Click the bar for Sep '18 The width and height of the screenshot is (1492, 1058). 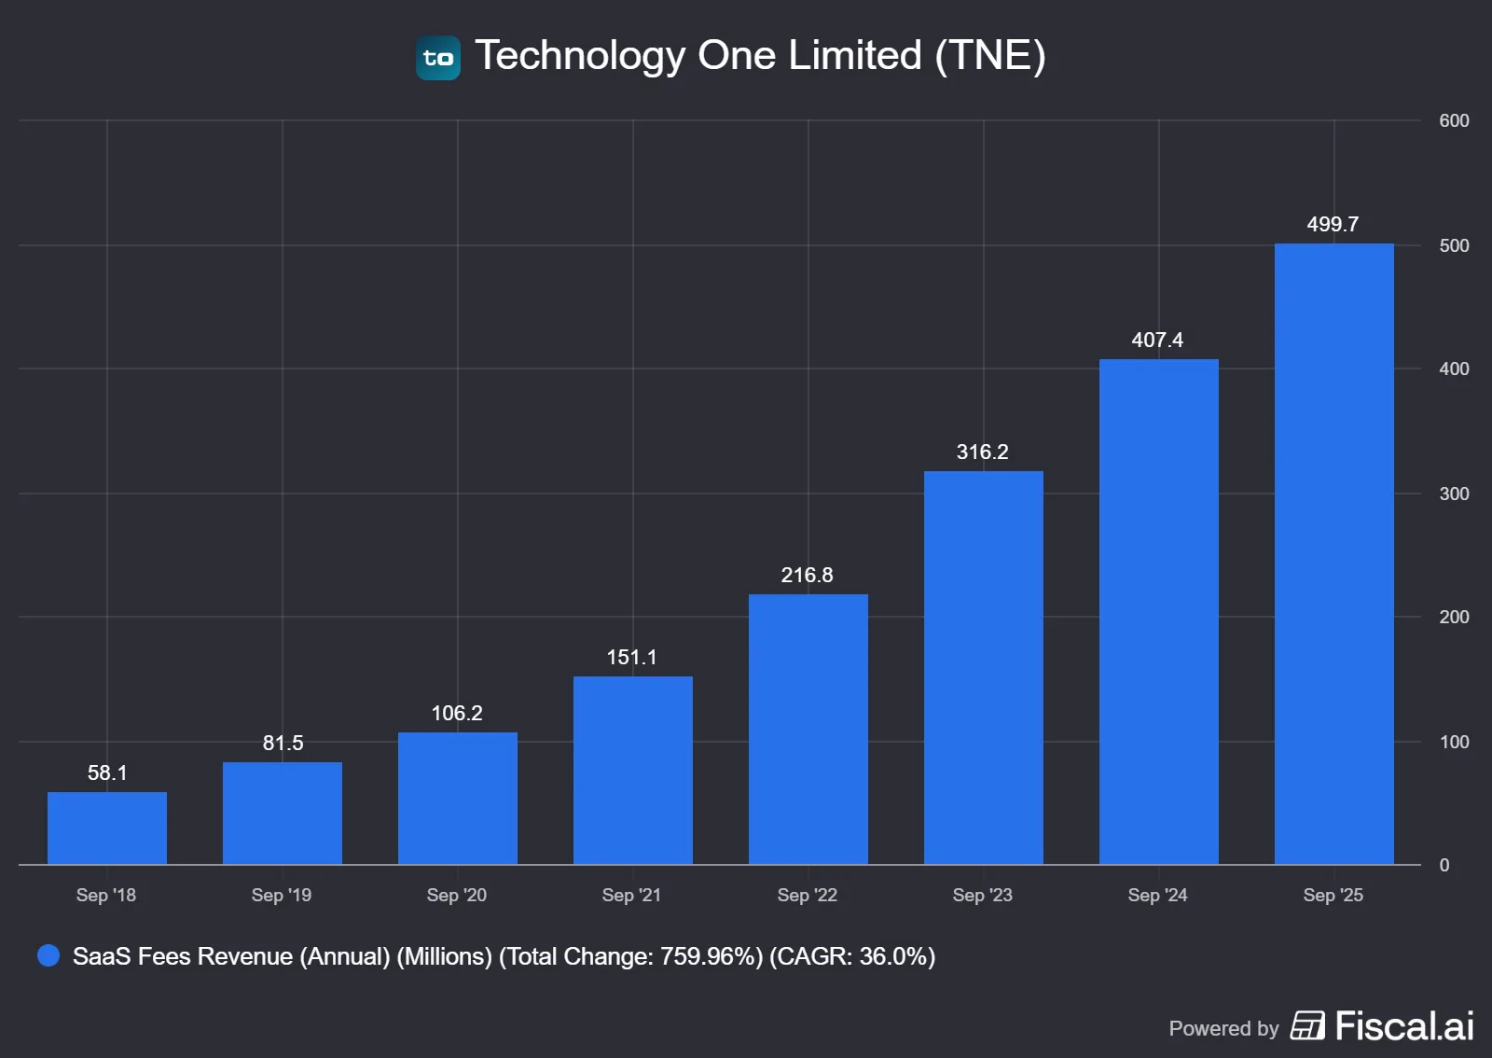(107, 828)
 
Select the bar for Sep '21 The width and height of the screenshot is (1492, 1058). (632, 771)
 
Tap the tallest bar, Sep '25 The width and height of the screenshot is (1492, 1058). (1333, 554)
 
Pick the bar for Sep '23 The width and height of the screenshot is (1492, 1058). (983, 668)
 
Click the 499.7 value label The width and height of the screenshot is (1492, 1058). (1333, 224)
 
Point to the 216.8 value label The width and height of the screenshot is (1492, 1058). (807, 575)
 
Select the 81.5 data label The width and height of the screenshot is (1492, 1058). (283, 743)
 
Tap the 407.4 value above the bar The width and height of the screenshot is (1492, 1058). (1157, 340)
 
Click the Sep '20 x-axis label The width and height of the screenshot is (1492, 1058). (457, 895)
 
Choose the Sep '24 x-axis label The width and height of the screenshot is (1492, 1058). (1157, 895)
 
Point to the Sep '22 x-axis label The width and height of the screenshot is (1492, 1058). (807, 895)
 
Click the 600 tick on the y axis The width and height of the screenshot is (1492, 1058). (1454, 120)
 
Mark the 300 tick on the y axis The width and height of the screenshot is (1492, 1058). (1454, 494)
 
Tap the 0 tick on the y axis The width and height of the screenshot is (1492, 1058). (1444, 865)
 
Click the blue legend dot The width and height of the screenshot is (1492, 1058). (48, 955)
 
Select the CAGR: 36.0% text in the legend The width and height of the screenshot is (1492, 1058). (852, 956)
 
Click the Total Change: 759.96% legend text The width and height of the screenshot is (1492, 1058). (631, 956)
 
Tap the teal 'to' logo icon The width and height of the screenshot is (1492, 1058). (438, 58)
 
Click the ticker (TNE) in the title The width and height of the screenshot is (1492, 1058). (990, 55)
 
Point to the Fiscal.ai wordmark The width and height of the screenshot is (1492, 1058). (1404, 1026)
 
